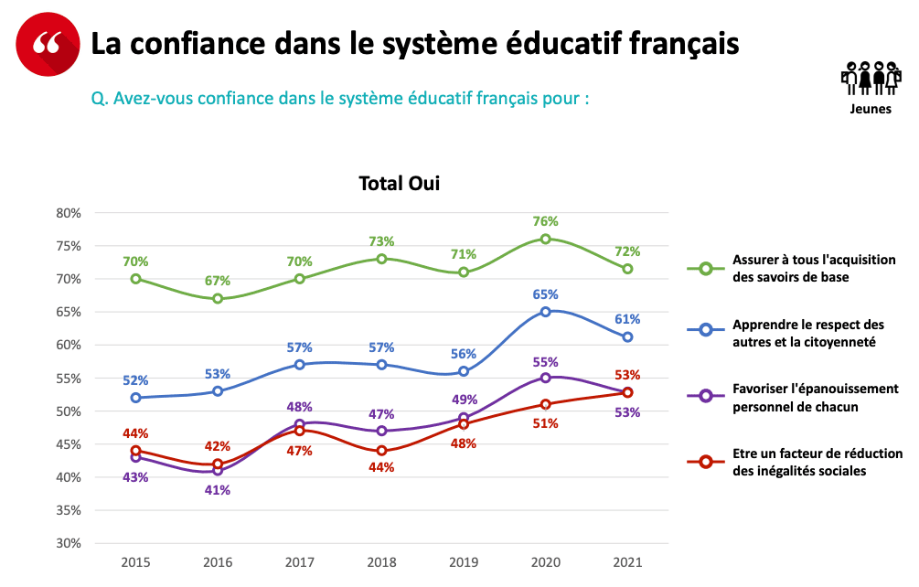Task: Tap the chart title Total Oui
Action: [x=399, y=184]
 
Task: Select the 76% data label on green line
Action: [x=545, y=221]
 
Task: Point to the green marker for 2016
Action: [x=218, y=298]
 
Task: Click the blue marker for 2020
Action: [x=545, y=312]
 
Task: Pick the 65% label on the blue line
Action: [x=545, y=294]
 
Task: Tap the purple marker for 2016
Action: [x=218, y=470]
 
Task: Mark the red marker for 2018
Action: [x=381, y=451]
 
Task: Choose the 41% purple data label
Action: [x=218, y=489]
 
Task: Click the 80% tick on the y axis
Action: [x=69, y=213]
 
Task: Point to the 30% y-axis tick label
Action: [x=69, y=543]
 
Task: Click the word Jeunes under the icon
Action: [x=870, y=109]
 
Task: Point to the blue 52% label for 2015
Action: [x=135, y=380]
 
